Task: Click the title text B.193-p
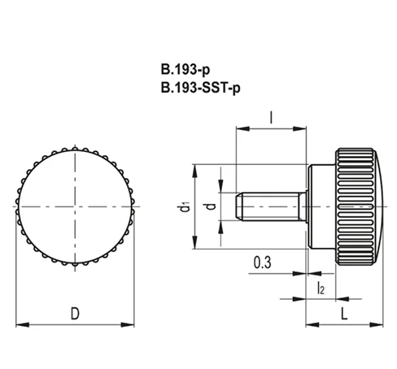(x=185, y=69)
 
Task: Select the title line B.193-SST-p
(x=200, y=88)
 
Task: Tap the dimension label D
(x=75, y=314)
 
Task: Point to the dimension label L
(x=344, y=314)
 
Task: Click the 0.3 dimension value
(x=262, y=263)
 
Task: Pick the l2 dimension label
(x=321, y=288)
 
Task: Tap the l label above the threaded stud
(x=271, y=118)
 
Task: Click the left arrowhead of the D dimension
(x=23, y=324)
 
